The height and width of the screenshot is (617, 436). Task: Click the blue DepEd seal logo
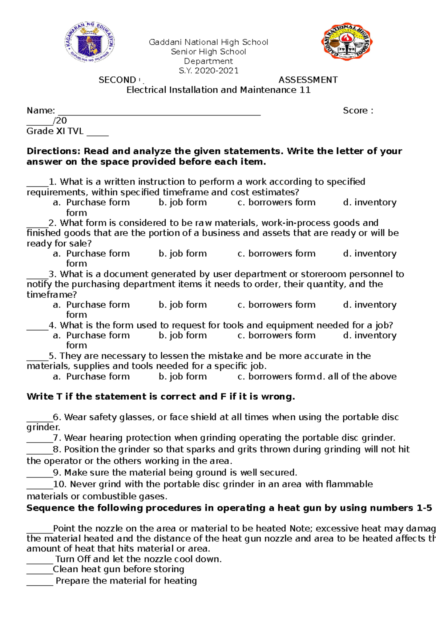click(x=89, y=42)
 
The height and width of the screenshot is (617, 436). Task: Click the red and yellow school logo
click(x=347, y=41)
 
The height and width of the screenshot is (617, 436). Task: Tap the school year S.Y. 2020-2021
click(x=209, y=70)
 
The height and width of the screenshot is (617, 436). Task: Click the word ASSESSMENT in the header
click(x=308, y=80)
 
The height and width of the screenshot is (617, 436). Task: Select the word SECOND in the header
click(x=117, y=80)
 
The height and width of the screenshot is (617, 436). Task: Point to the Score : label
click(x=358, y=110)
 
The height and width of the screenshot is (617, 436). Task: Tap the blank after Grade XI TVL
click(x=97, y=133)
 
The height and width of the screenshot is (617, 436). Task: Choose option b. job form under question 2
click(x=182, y=253)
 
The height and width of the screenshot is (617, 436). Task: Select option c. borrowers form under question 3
click(x=276, y=305)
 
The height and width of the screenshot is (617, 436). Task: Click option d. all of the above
click(x=357, y=376)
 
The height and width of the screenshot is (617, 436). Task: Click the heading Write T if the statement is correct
click(x=161, y=396)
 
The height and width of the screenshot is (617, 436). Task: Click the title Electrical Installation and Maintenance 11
click(x=218, y=90)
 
